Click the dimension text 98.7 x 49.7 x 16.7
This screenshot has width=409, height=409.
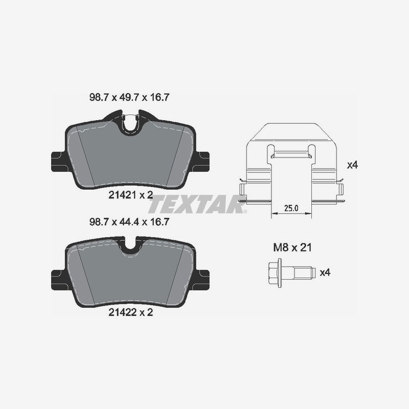point(130,97)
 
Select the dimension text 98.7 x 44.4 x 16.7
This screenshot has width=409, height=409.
point(130,222)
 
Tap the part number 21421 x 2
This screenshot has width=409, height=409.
point(130,194)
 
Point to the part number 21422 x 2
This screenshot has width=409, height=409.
point(130,313)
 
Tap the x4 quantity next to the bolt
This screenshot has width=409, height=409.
point(325,272)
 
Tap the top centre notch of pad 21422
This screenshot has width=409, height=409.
point(130,245)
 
